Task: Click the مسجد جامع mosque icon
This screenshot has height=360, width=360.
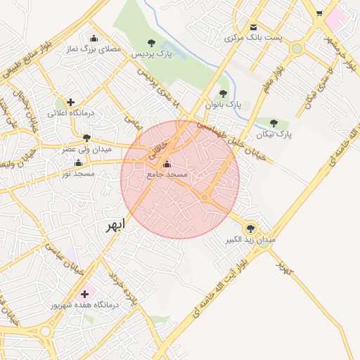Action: click(166, 165)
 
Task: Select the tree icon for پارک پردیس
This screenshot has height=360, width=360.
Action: click(152, 43)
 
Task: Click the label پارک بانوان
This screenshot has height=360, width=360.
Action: click(223, 104)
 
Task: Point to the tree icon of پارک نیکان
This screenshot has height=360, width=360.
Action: click(274, 123)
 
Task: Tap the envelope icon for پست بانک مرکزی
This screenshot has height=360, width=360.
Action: click(253, 27)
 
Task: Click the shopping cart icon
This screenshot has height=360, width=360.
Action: click(319, 13)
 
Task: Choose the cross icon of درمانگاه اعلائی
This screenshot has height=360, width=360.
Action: click(70, 102)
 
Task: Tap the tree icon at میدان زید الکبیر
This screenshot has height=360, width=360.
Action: click(250, 228)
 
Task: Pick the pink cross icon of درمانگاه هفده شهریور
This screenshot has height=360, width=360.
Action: click(86, 294)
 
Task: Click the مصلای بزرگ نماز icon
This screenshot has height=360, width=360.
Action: click(94, 39)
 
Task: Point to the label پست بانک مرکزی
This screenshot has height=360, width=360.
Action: click(253, 37)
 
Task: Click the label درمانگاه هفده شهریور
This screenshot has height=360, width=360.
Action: click(85, 306)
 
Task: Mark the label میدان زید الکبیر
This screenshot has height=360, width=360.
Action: click(250, 240)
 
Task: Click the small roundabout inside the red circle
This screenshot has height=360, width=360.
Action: click(204, 199)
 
